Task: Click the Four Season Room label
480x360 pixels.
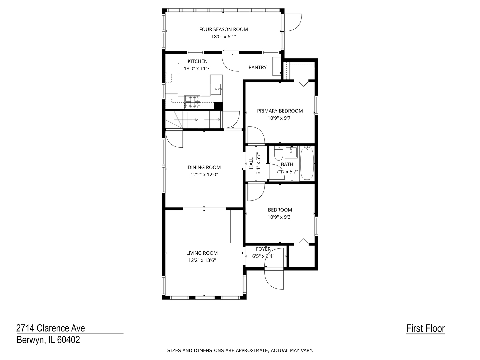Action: point(223,29)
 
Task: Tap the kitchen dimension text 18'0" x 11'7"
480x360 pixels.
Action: point(198,69)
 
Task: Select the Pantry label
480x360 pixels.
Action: point(257,67)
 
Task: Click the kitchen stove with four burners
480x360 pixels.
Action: point(193,102)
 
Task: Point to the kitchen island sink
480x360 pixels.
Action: point(216,89)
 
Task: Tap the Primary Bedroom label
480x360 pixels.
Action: point(280,111)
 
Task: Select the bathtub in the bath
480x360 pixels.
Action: point(307,163)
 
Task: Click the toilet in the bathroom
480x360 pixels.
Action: point(278,154)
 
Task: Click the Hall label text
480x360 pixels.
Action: point(251,163)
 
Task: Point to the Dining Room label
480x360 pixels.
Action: point(204,167)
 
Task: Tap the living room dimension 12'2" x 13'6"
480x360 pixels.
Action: point(202,260)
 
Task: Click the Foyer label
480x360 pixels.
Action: point(263,249)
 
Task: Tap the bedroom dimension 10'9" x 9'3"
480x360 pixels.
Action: point(280,217)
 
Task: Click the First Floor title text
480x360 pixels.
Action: point(425,328)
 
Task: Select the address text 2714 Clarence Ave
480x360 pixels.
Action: point(51,328)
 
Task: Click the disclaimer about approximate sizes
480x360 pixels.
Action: point(240,350)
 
